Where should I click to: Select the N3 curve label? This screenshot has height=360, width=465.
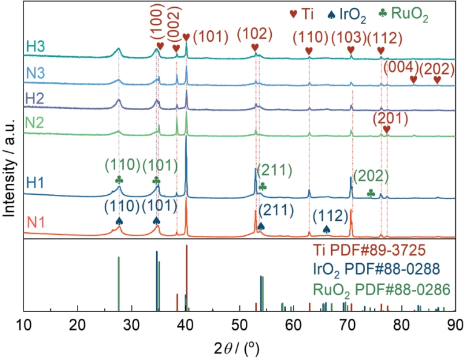35,73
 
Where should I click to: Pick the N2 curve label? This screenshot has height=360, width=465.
35,123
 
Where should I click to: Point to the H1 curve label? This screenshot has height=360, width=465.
35,182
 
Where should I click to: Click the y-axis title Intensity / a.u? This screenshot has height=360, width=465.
10,161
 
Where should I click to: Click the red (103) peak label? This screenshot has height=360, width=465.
350,37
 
